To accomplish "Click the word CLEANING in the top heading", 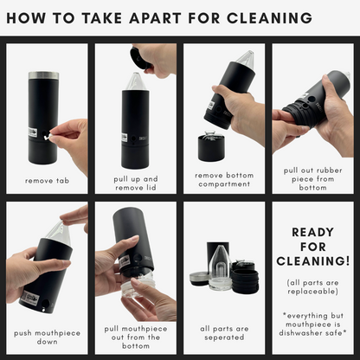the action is coord(269,18).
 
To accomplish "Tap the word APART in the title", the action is coord(155,18).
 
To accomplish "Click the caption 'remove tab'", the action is coord(47,181).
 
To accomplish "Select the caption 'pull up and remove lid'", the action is coord(136,183).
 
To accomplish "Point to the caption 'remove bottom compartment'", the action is coord(224,180).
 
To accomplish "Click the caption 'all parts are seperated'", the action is coord(224,333).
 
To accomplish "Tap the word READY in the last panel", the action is coord(313,232).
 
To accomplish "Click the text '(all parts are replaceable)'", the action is coord(313,287).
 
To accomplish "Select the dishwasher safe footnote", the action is coord(313,325).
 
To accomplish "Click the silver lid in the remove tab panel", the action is coord(43,75).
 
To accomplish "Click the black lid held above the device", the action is coord(138,58).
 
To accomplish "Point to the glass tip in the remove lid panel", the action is coord(136,81).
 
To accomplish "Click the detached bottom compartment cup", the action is coord(211,146).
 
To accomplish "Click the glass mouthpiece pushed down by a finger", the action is coord(61,234).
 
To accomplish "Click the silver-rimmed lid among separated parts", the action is coord(199,279).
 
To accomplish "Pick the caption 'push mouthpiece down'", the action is coord(47,337).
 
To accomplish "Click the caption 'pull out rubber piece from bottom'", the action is coord(313,179).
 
